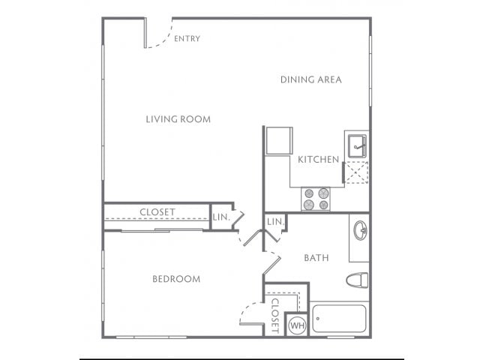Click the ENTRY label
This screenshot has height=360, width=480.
(x=187, y=38)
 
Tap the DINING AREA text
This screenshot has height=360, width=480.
(x=311, y=79)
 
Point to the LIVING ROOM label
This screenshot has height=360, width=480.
(x=178, y=119)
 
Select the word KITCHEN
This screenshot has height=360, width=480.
(x=319, y=160)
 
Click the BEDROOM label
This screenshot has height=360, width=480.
(x=176, y=279)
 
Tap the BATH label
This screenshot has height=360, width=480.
(x=316, y=258)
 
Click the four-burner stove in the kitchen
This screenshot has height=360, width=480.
(x=315, y=198)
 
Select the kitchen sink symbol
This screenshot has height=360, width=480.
(x=355, y=145)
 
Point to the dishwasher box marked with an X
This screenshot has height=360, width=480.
(x=355, y=172)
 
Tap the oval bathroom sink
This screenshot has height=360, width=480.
(x=359, y=230)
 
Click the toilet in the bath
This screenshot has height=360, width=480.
(x=357, y=280)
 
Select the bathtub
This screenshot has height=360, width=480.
(x=339, y=319)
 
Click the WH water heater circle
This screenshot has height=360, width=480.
(x=296, y=325)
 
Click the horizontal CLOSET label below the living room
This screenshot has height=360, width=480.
(x=157, y=212)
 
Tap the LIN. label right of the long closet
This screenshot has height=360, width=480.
(x=220, y=217)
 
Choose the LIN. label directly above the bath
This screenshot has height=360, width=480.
(x=274, y=222)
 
